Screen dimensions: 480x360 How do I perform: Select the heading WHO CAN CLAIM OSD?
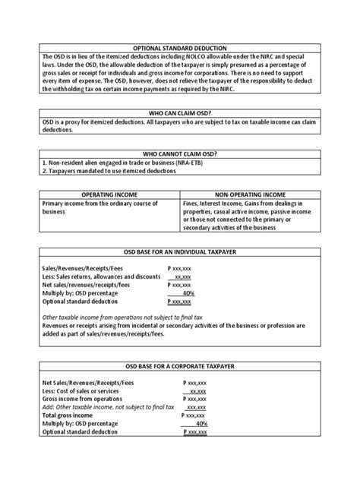pos(180,112)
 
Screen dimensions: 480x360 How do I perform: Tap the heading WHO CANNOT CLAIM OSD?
pos(180,153)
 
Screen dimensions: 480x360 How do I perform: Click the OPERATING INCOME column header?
pos(109,194)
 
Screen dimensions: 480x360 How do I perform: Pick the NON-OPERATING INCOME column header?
pos(251,194)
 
